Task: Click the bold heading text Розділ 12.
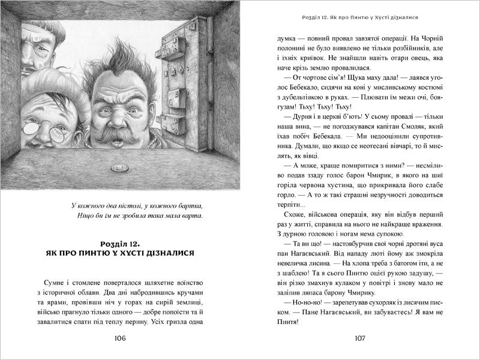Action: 120,242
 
